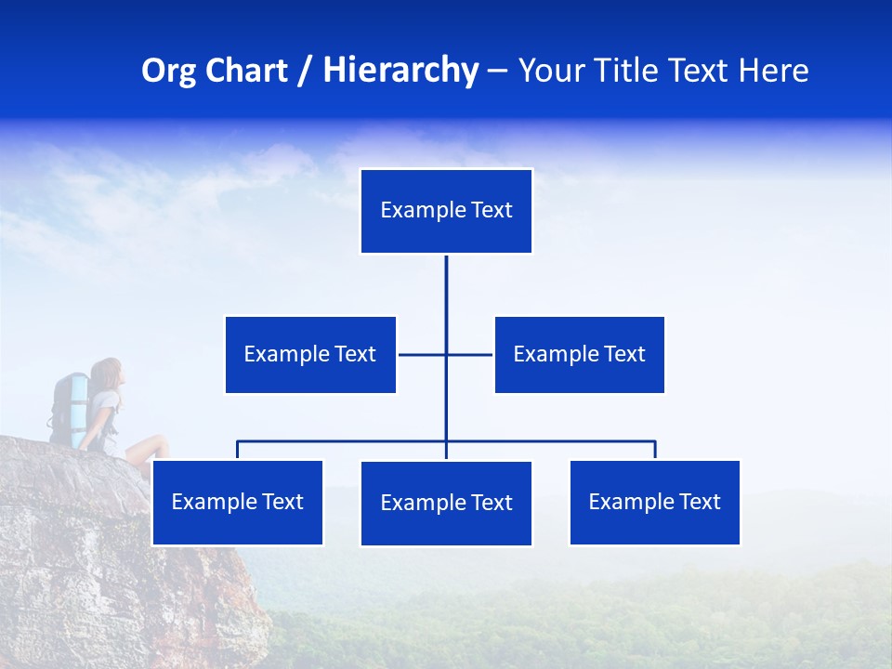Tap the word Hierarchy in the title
coord(400,71)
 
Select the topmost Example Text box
coord(446,211)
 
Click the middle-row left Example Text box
coord(310,354)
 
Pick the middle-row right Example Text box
coord(579,354)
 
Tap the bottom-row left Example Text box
coord(237,502)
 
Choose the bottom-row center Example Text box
coord(446,503)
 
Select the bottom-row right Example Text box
coord(654,502)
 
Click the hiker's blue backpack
coord(71,405)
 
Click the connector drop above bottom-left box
coord(237,450)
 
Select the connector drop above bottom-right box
coord(655,450)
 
